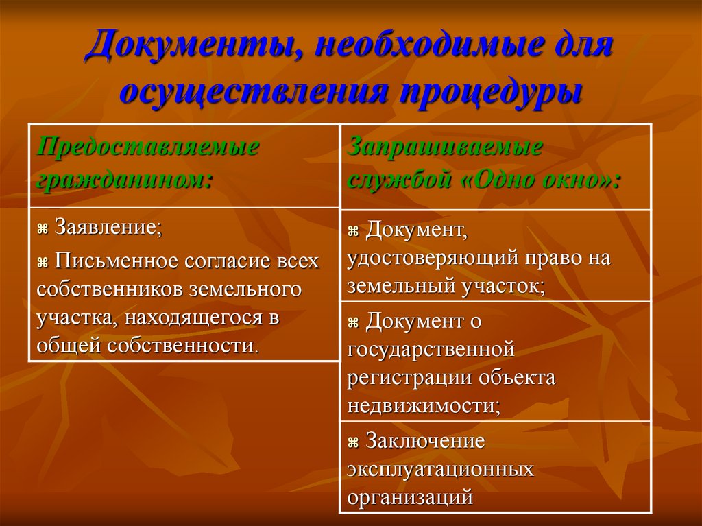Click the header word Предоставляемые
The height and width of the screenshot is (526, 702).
tap(147, 147)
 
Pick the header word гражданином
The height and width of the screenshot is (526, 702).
tap(124, 178)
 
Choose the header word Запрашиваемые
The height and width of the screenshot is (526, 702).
tap(446, 147)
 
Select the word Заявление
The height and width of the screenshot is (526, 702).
tap(108, 228)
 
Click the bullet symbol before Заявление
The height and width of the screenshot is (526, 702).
tap(43, 229)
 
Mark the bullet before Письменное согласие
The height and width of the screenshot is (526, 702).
tap(43, 263)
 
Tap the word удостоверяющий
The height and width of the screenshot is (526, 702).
tap(434, 259)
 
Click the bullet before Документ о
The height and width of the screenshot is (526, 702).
tap(354, 322)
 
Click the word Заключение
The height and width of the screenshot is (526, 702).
tap(425, 441)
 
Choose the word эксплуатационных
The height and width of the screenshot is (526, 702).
tap(440, 469)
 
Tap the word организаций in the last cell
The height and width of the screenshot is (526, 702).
tap(410, 497)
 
